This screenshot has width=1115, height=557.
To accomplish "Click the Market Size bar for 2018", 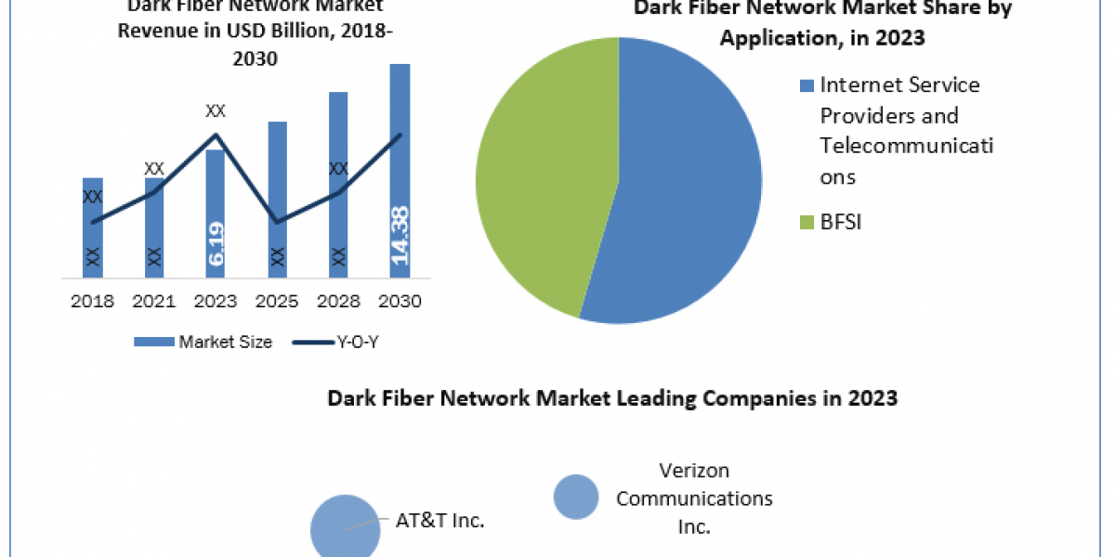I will point(92,227).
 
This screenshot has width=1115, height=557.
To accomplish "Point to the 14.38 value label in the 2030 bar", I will point(400,236).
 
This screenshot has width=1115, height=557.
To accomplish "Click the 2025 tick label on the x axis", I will point(277,301).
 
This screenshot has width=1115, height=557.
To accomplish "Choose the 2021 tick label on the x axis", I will point(154,301).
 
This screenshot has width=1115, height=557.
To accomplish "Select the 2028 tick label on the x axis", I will point(338,301).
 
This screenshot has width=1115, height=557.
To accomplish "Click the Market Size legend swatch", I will point(153,343).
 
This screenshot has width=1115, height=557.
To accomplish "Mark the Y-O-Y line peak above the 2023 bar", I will point(216,136).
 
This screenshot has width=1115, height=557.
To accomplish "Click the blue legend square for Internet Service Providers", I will point(805,86).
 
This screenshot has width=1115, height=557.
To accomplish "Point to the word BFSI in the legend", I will point(841,223).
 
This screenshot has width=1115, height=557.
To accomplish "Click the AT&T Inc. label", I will point(440,521).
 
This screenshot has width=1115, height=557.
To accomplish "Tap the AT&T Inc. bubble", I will point(345,527).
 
